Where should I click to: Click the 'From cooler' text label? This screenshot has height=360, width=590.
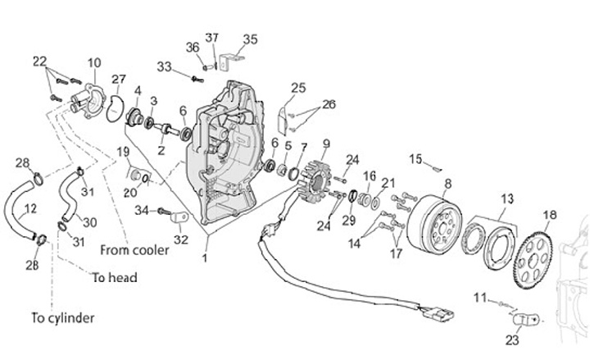click(x=134, y=249)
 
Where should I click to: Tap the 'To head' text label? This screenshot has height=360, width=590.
click(x=113, y=278)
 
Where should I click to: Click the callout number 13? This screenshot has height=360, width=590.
click(x=507, y=198)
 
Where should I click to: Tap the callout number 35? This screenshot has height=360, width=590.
click(x=250, y=39)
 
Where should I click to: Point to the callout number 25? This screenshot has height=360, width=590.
click(x=298, y=88)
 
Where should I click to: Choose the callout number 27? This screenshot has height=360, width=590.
click(x=119, y=80)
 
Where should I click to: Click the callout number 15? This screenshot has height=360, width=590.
click(x=415, y=157)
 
